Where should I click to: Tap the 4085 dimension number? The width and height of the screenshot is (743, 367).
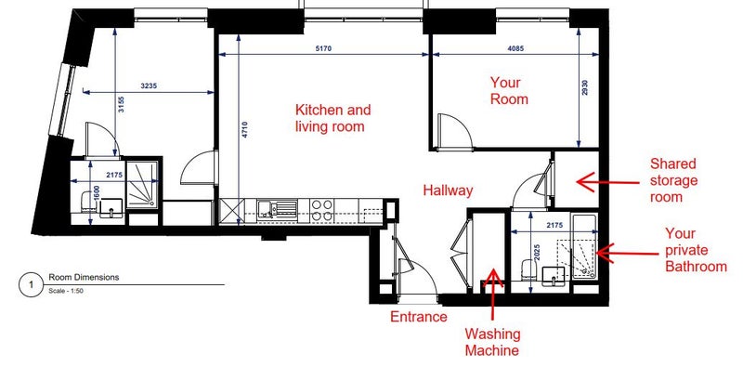click(516, 48)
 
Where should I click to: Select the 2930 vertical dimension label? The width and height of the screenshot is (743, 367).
click(585, 87)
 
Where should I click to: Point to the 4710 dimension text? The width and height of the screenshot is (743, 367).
click(245, 130)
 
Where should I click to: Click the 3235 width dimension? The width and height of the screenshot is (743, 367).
click(149, 86)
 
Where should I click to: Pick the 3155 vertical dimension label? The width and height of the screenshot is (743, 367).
click(122, 104)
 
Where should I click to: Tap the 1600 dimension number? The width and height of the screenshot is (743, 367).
click(97, 192)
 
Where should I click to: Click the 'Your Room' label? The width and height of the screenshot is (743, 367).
click(509, 90)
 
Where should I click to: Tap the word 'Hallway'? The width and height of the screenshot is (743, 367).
click(448, 190)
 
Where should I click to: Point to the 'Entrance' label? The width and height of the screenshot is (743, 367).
click(419, 316)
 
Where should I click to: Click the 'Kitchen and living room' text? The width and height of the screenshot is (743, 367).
click(333, 118)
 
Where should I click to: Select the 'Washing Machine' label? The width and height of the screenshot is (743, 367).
click(493, 342)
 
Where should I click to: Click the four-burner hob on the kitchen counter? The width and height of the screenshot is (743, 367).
click(321, 210)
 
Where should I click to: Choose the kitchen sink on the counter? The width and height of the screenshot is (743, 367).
click(278, 209)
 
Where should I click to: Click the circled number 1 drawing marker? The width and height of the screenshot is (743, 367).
click(32, 285)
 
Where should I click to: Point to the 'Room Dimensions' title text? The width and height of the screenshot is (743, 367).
click(84, 278)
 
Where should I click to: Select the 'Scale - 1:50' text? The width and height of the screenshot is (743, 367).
click(66, 291)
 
